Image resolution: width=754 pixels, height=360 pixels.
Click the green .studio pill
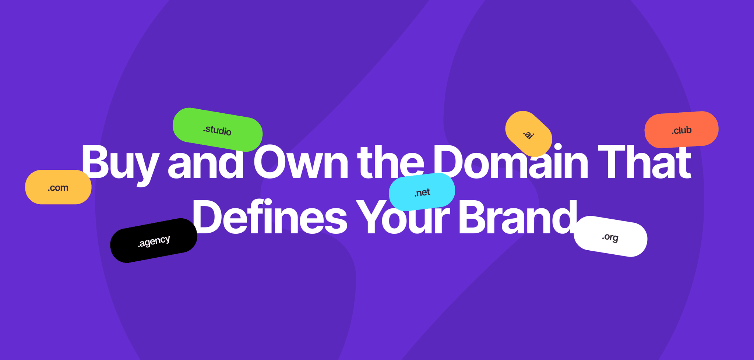pyautogui.click(x=218, y=130)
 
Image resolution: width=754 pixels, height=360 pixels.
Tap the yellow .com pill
pyautogui.click(x=58, y=187)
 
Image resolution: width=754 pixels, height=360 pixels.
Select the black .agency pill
pyautogui.click(x=154, y=241)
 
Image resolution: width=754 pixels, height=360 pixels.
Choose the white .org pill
pyautogui.click(x=610, y=236)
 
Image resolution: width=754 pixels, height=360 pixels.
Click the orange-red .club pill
pyautogui.click(x=681, y=129)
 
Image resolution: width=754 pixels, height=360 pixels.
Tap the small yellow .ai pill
pyautogui.click(x=529, y=134)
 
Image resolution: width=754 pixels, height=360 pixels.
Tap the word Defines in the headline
pyautogui.click(x=269, y=217)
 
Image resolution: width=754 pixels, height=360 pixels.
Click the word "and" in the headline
pyautogui.click(x=205, y=162)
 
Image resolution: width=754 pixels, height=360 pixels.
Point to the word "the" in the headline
pyautogui.click(x=391, y=162)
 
